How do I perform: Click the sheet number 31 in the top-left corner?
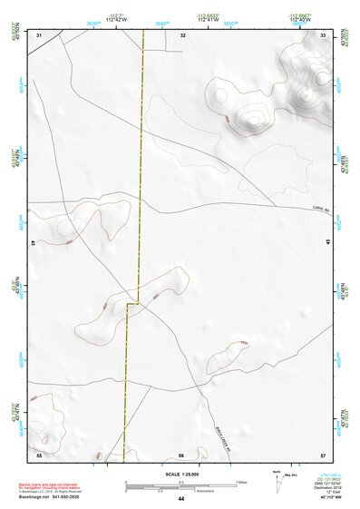(39, 34)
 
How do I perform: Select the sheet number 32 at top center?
(182, 34)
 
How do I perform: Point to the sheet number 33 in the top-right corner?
(323, 34)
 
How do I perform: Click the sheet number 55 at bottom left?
(39, 454)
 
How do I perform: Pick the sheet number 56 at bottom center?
(181, 454)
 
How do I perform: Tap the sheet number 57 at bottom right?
(323, 454)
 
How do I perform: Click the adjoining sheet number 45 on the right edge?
(327, 243)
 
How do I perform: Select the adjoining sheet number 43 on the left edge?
(34, 243)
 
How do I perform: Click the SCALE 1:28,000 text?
(180, 474)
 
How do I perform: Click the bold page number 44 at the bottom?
(180, 499)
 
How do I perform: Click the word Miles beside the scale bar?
(239, 481)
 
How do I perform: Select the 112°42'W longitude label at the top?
(117, 19)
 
